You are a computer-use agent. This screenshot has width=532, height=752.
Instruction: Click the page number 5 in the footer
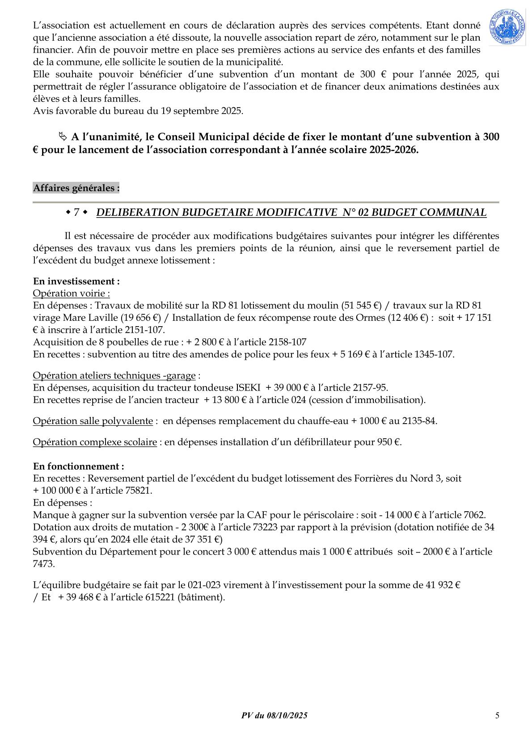(497, 715)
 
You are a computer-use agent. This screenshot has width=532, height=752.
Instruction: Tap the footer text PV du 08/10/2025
(274, 715)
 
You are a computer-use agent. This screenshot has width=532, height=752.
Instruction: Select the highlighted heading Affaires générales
(76, 188)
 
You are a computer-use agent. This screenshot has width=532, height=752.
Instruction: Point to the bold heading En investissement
(76, 281)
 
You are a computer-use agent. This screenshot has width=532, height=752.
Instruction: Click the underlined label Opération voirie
(72, 294)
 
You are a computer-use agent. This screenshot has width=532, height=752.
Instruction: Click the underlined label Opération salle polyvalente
(93, 421)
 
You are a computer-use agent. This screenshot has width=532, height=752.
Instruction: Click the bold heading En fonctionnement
(79, 466)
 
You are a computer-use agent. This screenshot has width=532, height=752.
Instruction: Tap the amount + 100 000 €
(56, 491)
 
